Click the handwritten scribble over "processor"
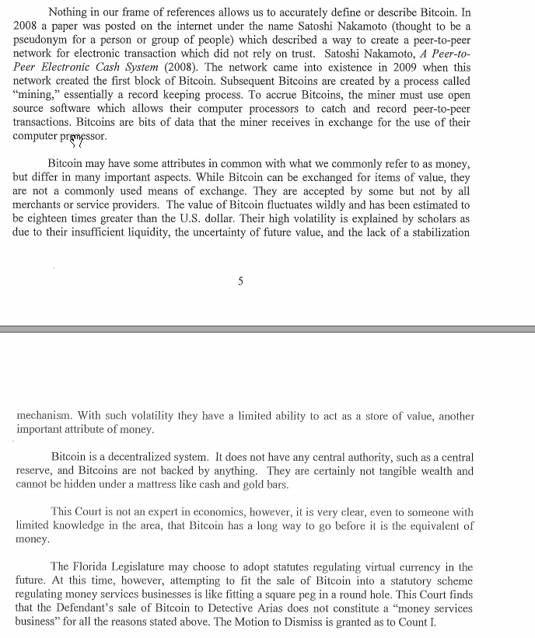point(76,139)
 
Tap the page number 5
point(240,281)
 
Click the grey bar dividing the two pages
point(267,329)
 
